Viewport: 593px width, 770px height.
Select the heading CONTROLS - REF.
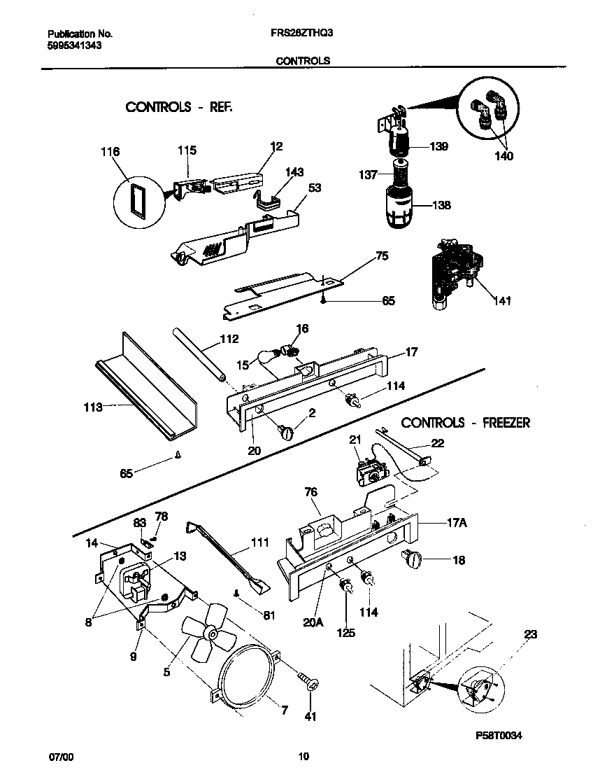(x=178, y=107)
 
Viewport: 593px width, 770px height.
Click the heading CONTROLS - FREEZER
(x=465, y=423)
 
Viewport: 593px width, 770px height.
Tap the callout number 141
(x=501, y=301)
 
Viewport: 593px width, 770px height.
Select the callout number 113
(x=93, y=406)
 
